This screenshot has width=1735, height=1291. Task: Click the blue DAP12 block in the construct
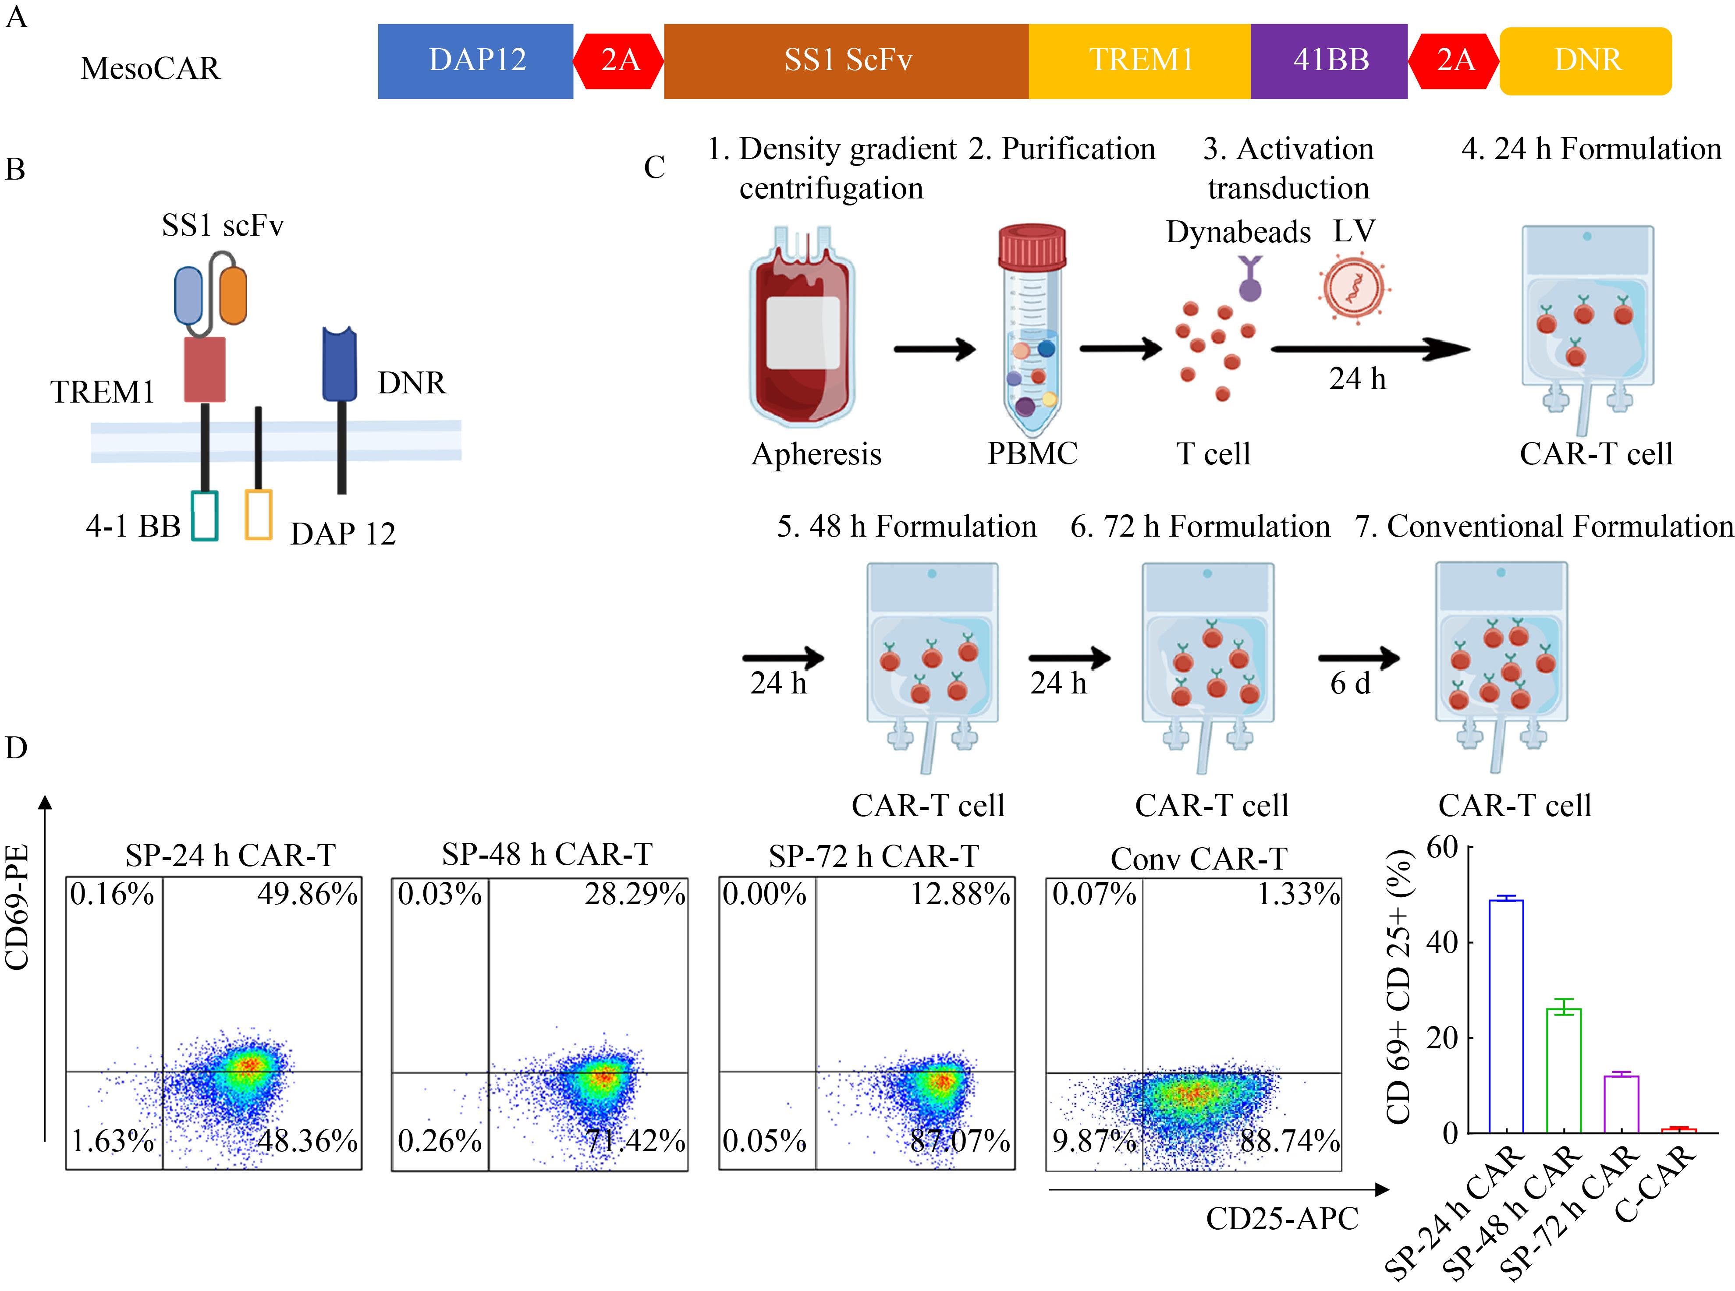475,61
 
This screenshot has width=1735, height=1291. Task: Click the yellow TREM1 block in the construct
1140,61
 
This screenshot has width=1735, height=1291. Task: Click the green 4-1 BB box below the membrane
205,515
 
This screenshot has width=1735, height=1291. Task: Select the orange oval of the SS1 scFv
233,295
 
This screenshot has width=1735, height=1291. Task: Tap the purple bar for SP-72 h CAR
1621,1104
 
